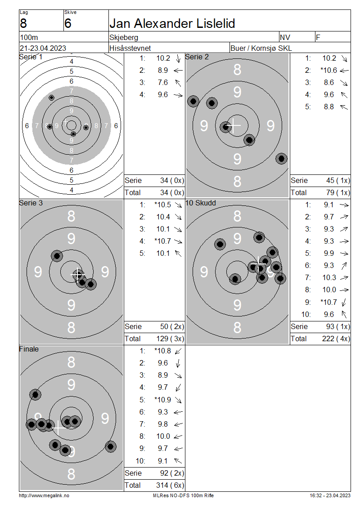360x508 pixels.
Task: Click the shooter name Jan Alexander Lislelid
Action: [x=172, y=23]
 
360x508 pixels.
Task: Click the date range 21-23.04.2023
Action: [x=43, y=48]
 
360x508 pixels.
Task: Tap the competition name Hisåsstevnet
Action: [x=130, y=48]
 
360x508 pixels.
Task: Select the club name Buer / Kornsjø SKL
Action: [x=261, y=48]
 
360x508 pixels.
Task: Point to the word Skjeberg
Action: [x=124, y=38]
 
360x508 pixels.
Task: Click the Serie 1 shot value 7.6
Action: [x=163, y=83]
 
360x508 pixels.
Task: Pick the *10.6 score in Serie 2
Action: [x=328, y=70]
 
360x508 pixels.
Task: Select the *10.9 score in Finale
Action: [x=162, y=400]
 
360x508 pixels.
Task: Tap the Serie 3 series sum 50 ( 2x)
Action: [x=172, y=326]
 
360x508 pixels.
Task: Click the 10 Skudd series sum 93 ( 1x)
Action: [x=338, y=326]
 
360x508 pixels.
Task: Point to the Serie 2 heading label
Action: [x=197, y=57]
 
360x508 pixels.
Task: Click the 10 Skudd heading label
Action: [x=200, y=203]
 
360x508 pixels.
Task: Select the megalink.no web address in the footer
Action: [x=44, y=495]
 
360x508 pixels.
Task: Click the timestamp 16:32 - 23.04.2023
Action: [x=330, y=495]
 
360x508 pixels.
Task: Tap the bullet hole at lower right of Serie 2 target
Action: [x=281, y=159]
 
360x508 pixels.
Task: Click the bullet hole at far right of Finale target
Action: [x=111, y=447]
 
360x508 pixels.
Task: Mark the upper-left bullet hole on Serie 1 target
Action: [x=51, y=98]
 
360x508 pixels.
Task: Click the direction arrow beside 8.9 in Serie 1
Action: [x=178, y=70]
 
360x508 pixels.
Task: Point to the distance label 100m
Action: [x=29, y=38]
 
